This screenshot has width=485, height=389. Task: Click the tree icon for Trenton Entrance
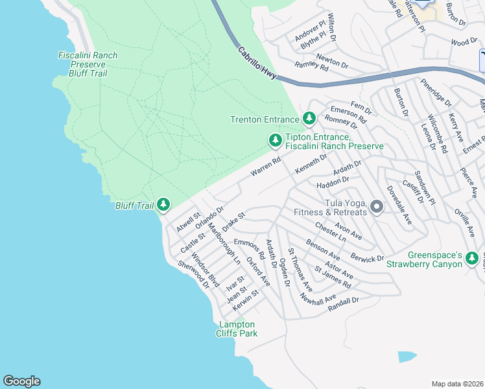[x=309, y=119]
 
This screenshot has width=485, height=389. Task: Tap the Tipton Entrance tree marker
[x=275, y=140]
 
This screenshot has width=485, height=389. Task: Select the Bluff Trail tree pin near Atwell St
[x=163, y=206]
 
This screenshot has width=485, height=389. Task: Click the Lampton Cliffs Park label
[x=237, y=329]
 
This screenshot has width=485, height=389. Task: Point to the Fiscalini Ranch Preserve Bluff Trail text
[x=88, y=64]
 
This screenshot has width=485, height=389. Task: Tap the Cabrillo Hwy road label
[x=257, y=63]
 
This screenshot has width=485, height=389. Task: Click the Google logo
[x=21, y=381]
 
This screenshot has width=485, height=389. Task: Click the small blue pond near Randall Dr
[x=407, y=357]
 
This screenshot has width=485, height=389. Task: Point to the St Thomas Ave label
[x=300, y=270]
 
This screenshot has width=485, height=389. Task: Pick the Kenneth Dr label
[x=311, y=163]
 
